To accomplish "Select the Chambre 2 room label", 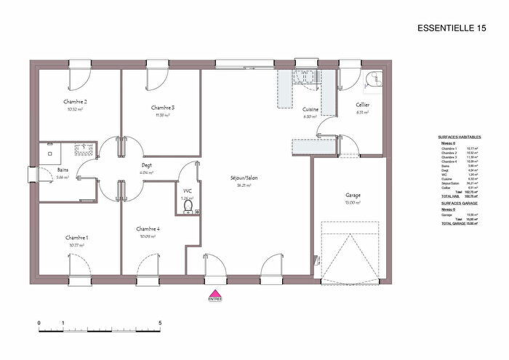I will (76, 102).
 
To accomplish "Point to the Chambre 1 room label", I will (76, 238).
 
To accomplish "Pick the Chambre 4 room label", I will (148, 228).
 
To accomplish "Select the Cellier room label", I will (364, 105).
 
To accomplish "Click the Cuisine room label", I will (311, 109).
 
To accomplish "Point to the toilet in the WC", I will (189, 207).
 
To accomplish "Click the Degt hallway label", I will (146, 165).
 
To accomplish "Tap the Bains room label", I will (63, 170).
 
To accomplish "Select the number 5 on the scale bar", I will (160, 322).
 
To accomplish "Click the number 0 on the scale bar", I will (39, 322).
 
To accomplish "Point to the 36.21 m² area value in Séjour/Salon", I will (243, 185).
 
